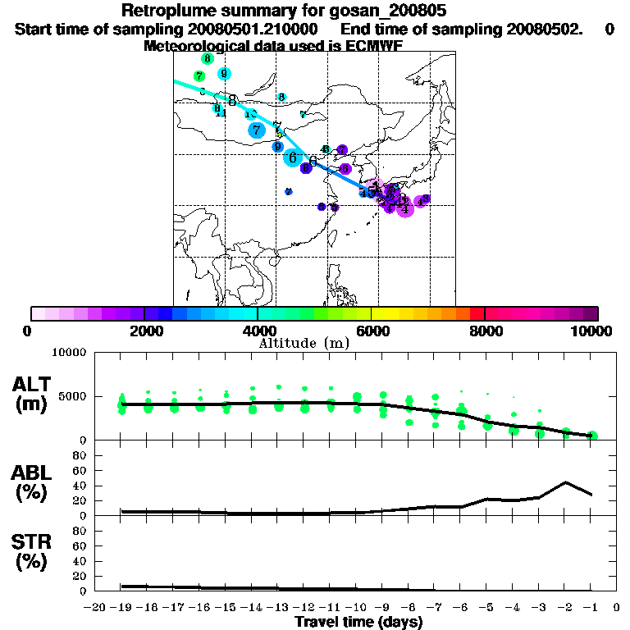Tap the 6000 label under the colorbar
tap(372, 331)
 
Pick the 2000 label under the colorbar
tap(144, 331)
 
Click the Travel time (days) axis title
tap(358, 623)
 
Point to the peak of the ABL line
tap(566, 482)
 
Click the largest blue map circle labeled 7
tap(257, 130)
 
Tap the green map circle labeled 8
tap(207, 59)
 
